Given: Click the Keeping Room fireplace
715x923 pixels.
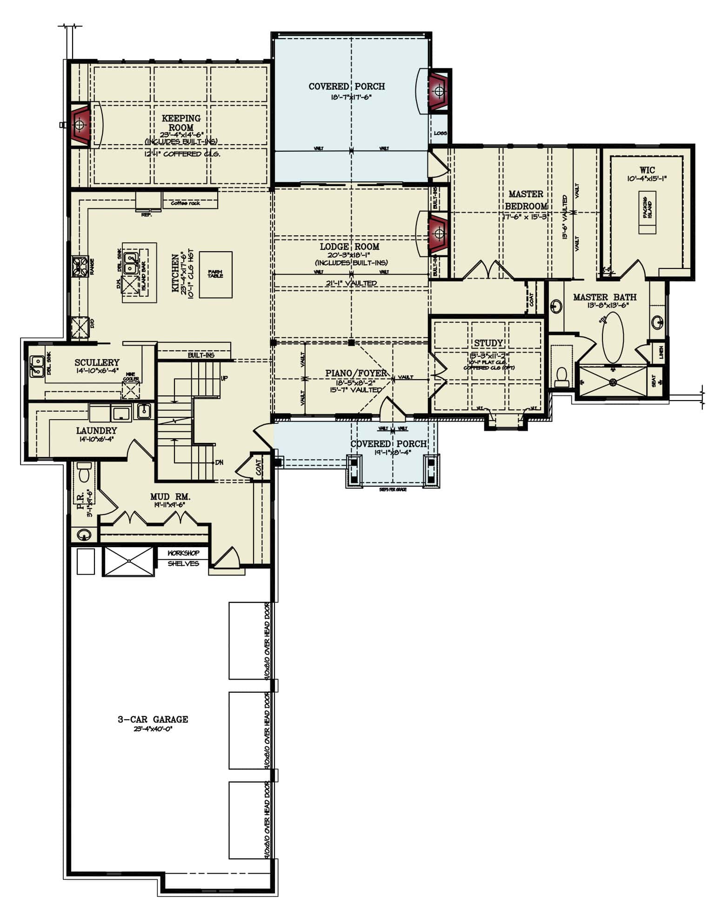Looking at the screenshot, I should [x=80, y=125].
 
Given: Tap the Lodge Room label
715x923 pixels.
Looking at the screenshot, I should [x=349, y=247].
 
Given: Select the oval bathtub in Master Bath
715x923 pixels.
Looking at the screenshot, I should [x=613, y=337].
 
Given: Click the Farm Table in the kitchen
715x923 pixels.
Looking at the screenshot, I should [x=215, y=274].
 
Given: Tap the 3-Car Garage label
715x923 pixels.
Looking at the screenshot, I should [x=153, y=719].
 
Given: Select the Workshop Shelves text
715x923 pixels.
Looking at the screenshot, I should [x=183, y=558].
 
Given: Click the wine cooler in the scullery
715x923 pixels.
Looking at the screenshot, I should [x=131, y=389].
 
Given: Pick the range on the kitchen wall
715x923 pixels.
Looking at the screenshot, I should [x=79, y=267].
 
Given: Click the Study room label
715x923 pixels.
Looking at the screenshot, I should [x=488, y=343].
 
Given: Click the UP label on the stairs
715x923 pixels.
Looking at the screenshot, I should [x=224, y=378].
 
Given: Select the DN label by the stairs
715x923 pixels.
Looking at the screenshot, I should [x=219, y=462].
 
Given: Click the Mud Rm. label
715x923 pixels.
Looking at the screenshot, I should [x=170, y=497].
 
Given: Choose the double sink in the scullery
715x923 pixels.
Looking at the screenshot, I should [x=36, y=366].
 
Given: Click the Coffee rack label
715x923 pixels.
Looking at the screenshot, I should [x=185, y=203].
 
